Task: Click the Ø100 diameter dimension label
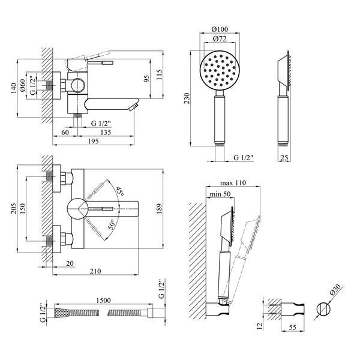coord(220,29)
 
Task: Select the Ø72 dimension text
coord(220,38)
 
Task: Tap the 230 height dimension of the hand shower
coord(187,98)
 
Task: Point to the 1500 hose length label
coord(103,301)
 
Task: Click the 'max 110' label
coord(233,183)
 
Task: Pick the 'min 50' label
coord(220,194)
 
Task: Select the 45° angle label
coord(119,191)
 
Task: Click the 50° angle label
coord(112,224)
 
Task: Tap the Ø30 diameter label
coord(335,290)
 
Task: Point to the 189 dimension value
coord(159,209)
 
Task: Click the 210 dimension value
coord(95,271)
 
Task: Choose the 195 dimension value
coord(93,141)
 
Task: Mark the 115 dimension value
coord(159,75)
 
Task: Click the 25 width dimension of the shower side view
coord(284,157)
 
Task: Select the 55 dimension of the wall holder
coord(293,327)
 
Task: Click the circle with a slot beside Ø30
coord(323,308)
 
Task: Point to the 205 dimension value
coord(14,208)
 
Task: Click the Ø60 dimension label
coord(22,85)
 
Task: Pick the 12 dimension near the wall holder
coord(259,326)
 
